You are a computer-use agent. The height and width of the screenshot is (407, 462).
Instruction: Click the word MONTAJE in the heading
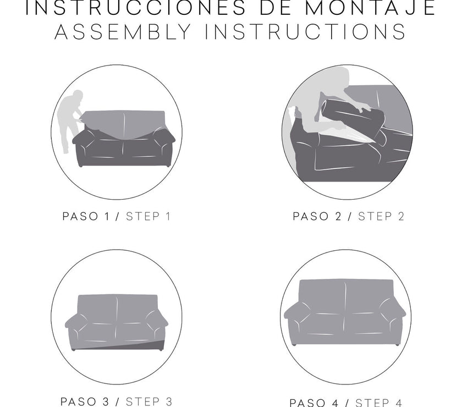pyautogui.click(x=370, y=8)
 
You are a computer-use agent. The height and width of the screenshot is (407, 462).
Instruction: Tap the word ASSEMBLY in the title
pyautogui.click(x=123, y=32)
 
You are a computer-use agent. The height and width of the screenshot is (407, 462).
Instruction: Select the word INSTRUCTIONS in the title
pyautogui.click(x=305, y=32)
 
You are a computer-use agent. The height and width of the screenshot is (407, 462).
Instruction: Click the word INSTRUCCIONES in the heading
pyautogui.click(x=135, y=8)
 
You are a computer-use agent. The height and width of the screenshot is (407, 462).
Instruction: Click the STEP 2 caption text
pyautogui.click(x=381, y=217)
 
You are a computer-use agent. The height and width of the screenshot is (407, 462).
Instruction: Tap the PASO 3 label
pyautogui.click(x=85, y=402)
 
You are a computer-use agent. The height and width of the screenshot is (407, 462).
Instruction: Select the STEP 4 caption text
pyautogui.click(x=378, y=403)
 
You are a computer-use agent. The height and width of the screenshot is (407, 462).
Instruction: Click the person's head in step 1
pyautogui.click(x=78, y=96)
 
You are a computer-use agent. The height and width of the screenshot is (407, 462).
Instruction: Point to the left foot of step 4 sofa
pyautogui.click(x=294, y=344)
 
